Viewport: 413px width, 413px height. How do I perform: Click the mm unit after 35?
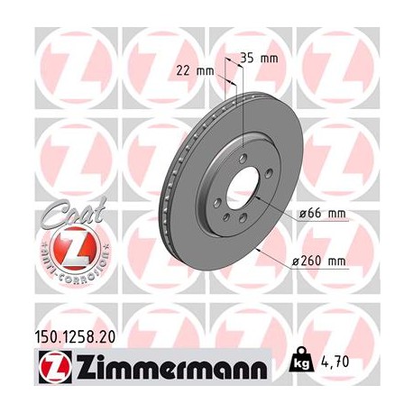coord(269,57)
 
